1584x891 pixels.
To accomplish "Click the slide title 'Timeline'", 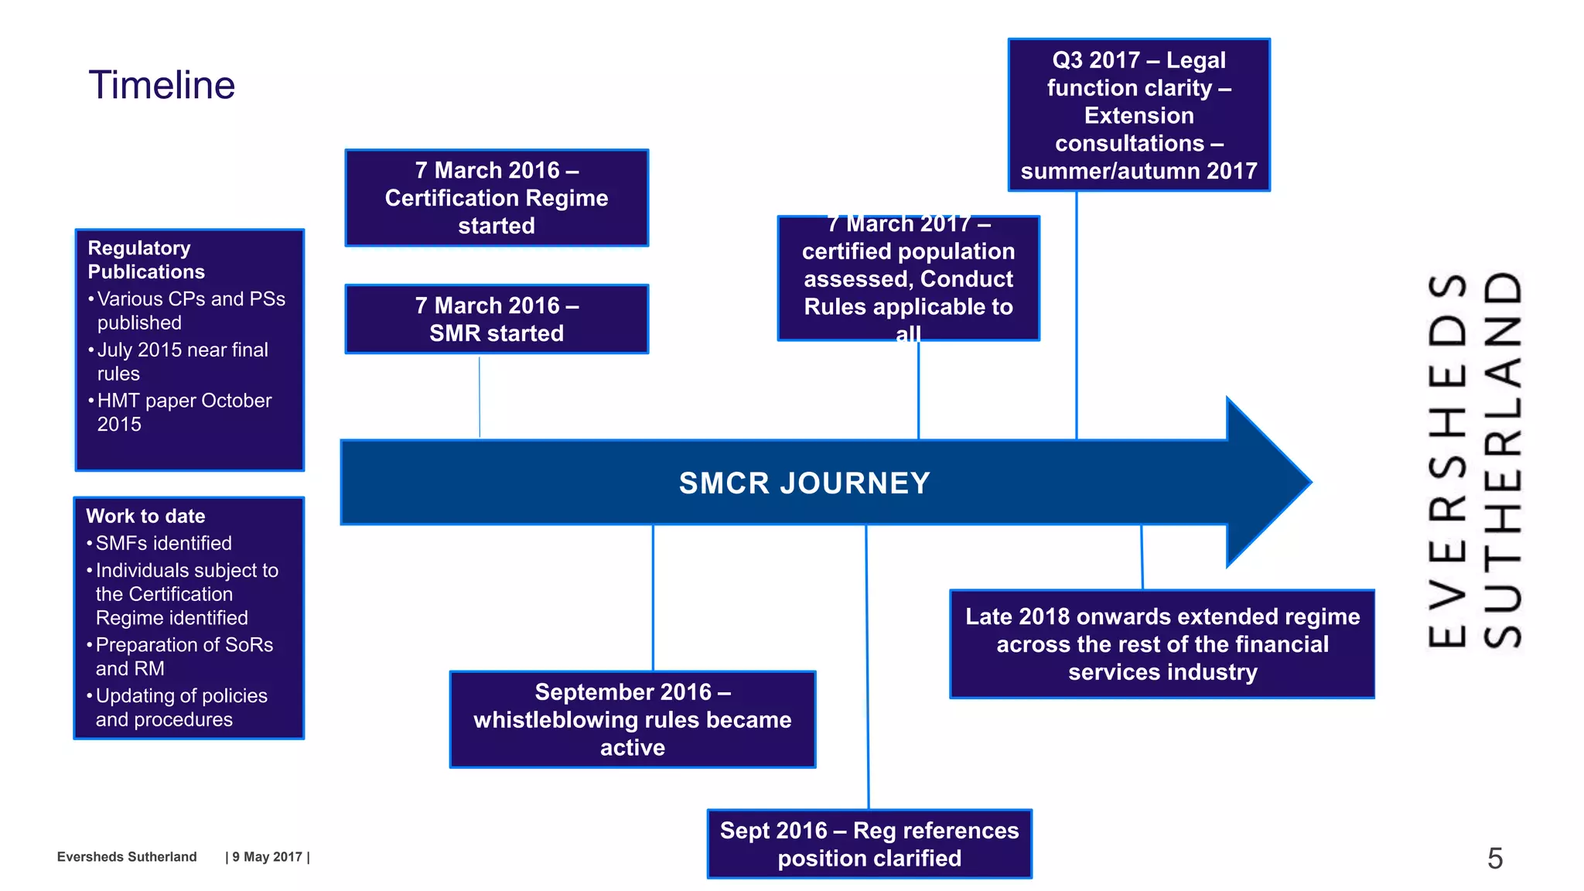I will [x=162, y=85].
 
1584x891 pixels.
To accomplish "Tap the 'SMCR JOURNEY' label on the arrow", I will [x=804, y=483].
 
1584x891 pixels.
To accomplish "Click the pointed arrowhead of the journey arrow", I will [x=1276, y=482].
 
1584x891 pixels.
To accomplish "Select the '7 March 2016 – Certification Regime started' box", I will [x=497, y=198].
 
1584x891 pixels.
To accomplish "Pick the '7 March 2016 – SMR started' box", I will [x=497, y=319].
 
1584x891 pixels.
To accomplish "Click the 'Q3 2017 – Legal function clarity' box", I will [x=1138, y=115].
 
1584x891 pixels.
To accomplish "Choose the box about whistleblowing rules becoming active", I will [x=632, y=719].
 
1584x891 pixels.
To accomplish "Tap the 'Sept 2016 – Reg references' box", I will [x=869, y=844].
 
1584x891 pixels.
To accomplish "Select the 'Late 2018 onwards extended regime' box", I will [x=1162, y=644].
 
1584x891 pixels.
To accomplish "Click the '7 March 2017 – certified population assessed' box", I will [x=908, y=278].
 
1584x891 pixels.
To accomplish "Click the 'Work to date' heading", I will [x=145, y=516].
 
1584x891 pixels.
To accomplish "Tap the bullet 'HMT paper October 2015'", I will [x=184, y=412].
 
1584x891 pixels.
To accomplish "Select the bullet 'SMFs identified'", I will [x=163, y=543].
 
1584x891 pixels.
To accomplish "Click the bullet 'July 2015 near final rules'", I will [x=183, y=361].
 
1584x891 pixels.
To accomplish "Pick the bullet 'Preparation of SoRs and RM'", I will [x=184, y=657].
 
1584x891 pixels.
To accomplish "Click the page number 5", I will [x=1494, y=859].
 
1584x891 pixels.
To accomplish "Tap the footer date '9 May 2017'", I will [x=267, y=857].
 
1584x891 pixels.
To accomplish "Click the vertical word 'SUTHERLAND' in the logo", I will [x=1503, y=459].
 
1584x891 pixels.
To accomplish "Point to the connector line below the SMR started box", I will [x=480, y=396].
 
